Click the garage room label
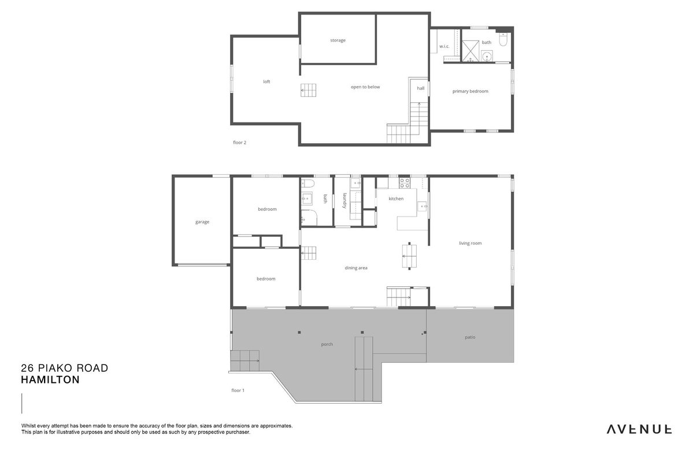pos(202,222)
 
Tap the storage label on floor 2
pos(338,40)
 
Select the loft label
pos(266,81)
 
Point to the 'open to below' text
pos(365,87)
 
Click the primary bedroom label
pos(470,91)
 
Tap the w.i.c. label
pos(444,46)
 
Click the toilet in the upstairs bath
pos(503,40)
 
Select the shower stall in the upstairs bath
pos(470,51)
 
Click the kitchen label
pos(396,199)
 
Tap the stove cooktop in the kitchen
pos(405,183)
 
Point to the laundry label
pos(344,200)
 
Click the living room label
pos(470,243)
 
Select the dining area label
pos(356,268)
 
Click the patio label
pos(470,337)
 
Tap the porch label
pos(327,345)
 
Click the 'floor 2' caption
pos(239,143)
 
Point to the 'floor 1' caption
pos(238,390)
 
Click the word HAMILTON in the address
pos(50,380)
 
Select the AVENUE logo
pos(639,429)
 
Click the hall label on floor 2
pos(421,88)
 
